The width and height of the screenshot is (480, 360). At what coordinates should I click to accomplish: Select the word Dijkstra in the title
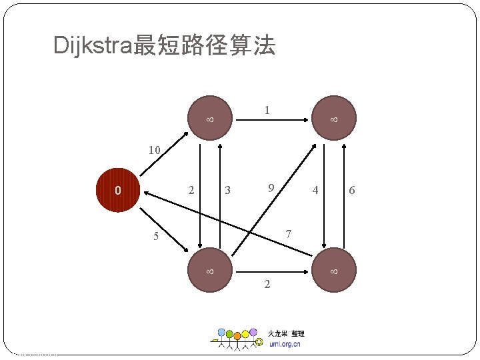click(x=93, y=45)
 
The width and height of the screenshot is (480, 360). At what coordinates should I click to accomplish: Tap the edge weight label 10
click(x=154, y=150)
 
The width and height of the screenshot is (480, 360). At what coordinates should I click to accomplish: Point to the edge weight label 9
click(x=271, y=189)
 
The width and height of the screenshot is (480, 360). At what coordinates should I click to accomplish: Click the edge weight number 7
click(x=288, y=234)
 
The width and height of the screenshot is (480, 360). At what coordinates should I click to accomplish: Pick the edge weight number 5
click(x=155, y=236)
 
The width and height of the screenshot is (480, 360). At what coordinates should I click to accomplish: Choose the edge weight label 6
click(x=352, y=191)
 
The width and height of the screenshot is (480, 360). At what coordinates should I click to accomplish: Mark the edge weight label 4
click(x=315, y=191)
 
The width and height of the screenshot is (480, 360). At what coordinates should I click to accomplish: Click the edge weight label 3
click(x=227, y=191)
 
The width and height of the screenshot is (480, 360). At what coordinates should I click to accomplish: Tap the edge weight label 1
click(x=267, y=110)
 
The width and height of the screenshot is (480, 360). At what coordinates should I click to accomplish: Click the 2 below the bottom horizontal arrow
click(x=267, y=285)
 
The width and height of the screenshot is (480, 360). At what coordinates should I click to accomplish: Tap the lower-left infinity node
click(x=209, y=271)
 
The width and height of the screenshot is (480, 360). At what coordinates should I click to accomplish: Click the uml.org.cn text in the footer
click(x=285, y=344)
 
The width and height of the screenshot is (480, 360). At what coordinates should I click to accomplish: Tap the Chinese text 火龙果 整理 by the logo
click(x=286, y=333)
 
